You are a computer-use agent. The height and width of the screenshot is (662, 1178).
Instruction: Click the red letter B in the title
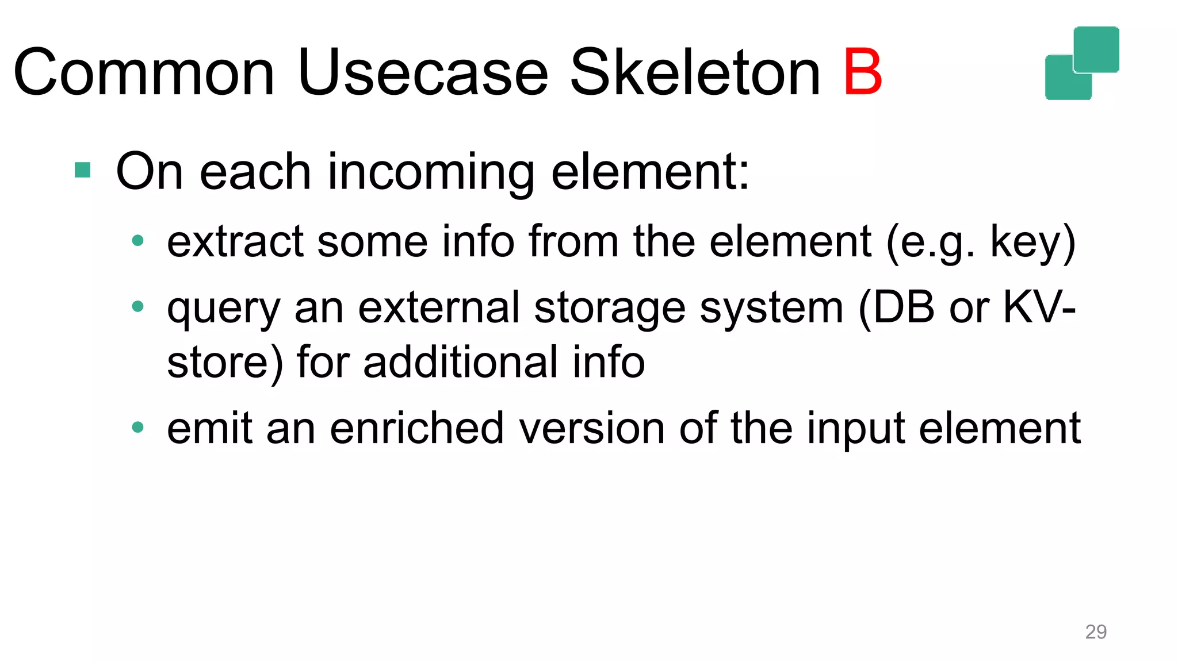coord(862,73)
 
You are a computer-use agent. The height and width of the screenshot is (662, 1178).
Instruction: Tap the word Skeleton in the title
coord(695,73)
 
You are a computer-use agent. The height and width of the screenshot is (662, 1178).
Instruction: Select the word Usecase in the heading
coord(423,73)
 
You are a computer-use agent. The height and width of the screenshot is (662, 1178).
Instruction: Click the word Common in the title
coord(144,73)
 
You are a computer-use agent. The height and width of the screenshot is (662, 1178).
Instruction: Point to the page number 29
coord(1096,632)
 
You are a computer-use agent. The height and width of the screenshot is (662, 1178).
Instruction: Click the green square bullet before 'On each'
coord(83,170)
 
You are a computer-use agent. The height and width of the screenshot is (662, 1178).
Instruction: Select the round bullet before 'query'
coord(137,306)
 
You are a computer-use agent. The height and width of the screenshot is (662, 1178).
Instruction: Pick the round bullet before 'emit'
coord(137,427)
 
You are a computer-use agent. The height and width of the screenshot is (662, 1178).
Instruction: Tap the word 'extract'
coord(235,241)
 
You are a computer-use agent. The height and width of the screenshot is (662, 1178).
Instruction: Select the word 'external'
coord(439,307)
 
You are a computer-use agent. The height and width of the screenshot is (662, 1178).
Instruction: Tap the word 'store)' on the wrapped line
coord(225,362)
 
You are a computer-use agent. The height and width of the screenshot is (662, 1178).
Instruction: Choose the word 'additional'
coord(460,362)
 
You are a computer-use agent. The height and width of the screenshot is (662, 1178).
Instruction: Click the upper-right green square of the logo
coord(1096,49)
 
